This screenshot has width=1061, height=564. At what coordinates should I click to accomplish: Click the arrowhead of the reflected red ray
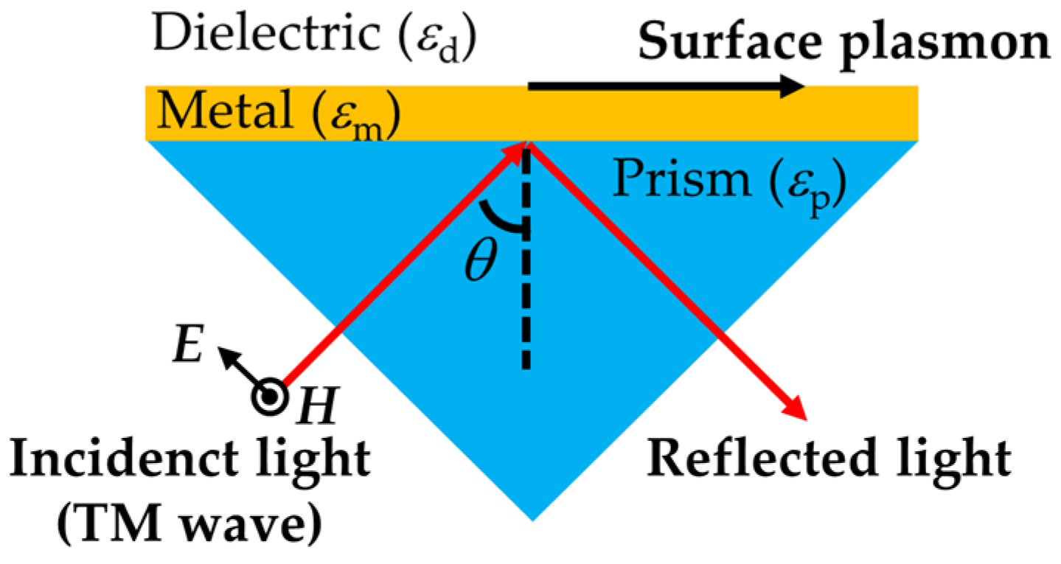tap(799, 410)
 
